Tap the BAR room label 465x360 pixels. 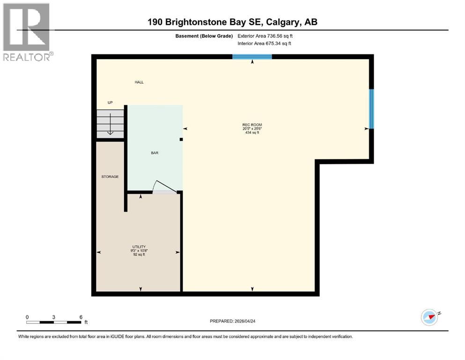[x=155, y=153]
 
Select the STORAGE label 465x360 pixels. [x=110, y=177]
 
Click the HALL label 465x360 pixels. [x=139, y=82]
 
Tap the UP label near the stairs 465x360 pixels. [x=110, y=103]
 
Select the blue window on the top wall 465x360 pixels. [x=252, y=57]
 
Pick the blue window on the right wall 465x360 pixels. [x=371, y=109]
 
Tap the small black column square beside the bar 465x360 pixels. [x=181, y=139]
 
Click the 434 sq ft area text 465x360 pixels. [x=252, y=133]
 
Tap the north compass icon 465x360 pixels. [x=429, y=317]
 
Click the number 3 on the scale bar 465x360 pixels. [x=54, y=317]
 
